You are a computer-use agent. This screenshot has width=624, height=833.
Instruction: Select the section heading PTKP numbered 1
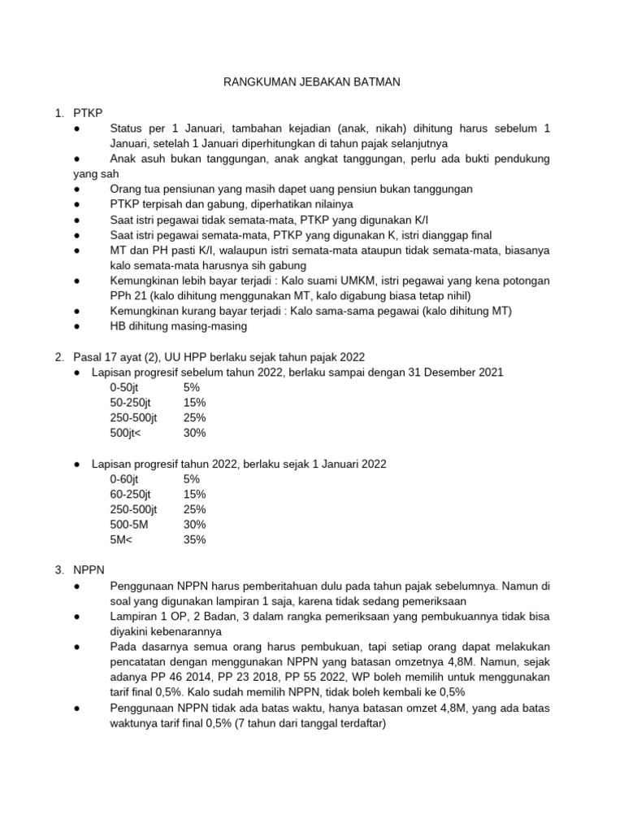click(x=88, y=113)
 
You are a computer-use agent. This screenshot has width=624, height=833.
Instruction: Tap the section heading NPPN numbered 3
click(x=89, y=570)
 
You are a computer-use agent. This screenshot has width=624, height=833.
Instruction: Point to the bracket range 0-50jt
click(x=124, y=387)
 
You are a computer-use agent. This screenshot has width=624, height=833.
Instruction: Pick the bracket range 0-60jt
click(x=124, y=479)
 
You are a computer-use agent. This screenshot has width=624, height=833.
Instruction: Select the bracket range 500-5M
click(x=129, y=525)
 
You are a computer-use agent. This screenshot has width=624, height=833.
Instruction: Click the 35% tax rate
click(x=195, y=539)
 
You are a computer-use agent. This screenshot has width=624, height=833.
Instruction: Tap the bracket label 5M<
click(x=123, y=539)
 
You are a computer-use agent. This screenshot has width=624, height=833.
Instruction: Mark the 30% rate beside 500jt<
click(x=195, y=433)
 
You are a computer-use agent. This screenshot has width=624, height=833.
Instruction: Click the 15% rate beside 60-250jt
click(x=195, y=494)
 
